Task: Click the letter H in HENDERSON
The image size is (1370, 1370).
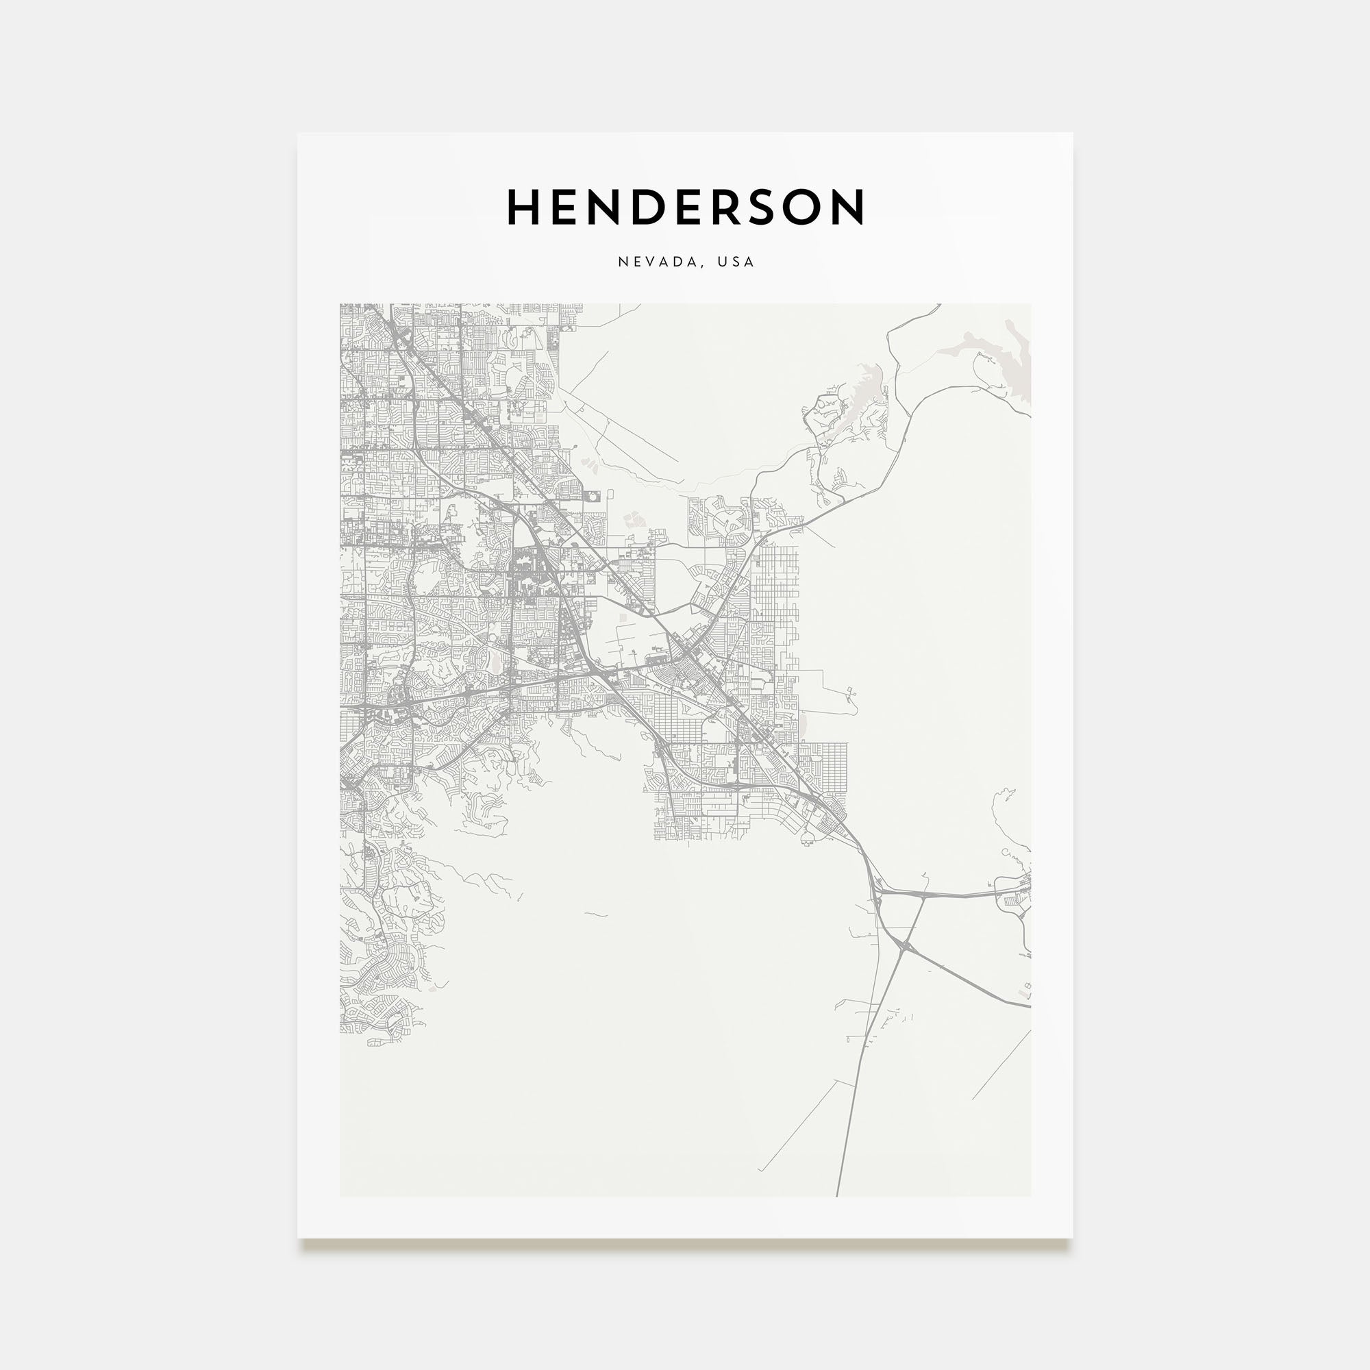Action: (x=525, y=207)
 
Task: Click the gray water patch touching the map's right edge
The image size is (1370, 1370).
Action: (x=1019, y=362)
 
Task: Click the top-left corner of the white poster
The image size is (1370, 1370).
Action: (x=299, y=134)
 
